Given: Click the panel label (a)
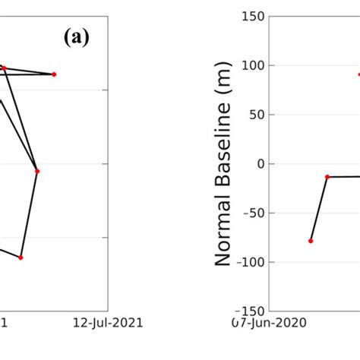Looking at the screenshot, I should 76,39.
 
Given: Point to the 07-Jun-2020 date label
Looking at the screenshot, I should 270,323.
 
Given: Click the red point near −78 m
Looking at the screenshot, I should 311,241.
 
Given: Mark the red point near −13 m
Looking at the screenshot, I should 327,177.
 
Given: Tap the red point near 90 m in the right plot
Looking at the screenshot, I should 359,74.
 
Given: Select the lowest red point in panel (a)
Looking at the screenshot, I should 21,257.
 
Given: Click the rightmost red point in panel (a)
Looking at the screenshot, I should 54,74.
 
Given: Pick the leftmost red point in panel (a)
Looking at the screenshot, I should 4,68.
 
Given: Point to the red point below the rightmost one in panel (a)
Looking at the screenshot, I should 36,171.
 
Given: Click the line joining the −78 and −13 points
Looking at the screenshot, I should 319,209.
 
